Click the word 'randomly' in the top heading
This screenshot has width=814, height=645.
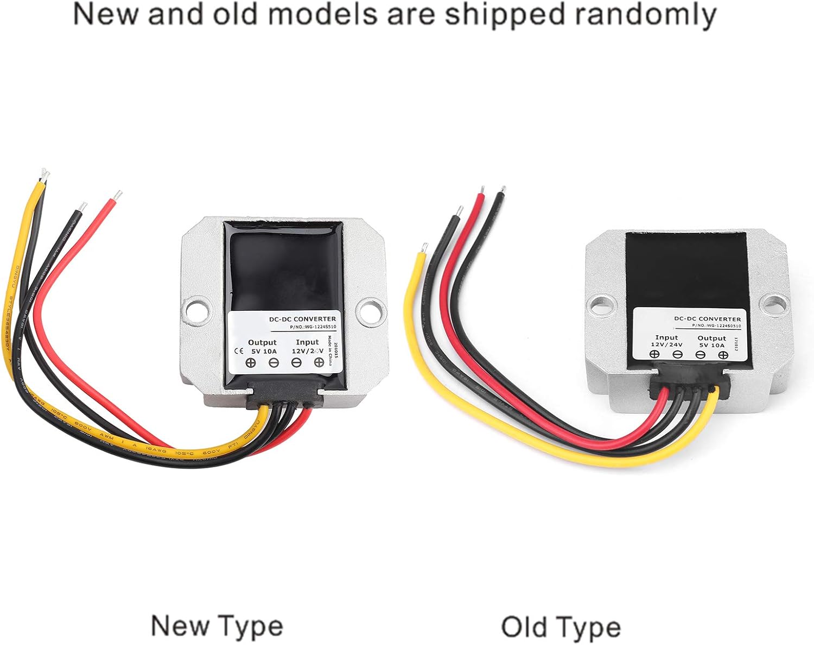pyautogui.click(x=646, y=15)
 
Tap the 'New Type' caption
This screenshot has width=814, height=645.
pyautogui.click(x=217, y=627)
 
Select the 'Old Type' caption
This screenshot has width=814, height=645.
pyautogui.click(x=561, y=628)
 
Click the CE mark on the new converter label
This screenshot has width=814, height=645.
pyautogui.click(x=238, y=350)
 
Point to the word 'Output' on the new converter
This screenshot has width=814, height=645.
pyautogui.click(x=262, y=342)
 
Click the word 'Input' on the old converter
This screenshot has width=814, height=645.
pyautogui.click(x=666, y=337)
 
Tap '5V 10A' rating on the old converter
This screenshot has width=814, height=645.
pyautogui.click(x=711, y=345)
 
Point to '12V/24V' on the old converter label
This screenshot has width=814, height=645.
pyautogui.click(x=667, y=344)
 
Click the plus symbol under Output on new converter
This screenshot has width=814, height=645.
pyautogui.click(x=251, y=363)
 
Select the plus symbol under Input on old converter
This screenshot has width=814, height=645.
pyautogui.click(x=655, y=355)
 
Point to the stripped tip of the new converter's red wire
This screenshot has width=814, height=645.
pyautogui.click(x=118, y=195)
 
